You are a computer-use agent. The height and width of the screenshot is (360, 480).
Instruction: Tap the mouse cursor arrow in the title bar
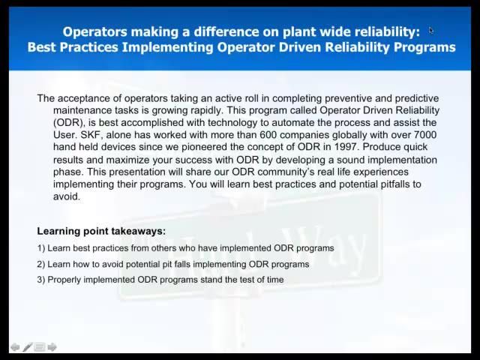(x=431, y=30)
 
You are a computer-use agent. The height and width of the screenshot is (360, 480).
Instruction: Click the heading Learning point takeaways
(x=101, y=231)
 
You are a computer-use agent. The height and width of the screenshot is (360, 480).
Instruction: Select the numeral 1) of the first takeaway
(x=41, y=247)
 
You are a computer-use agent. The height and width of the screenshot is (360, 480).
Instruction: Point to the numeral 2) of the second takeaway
(x=41, y=264)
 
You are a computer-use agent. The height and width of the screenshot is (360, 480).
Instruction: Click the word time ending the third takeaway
(x=274, y=280)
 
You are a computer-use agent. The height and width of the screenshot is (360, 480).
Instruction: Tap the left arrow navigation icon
(x=15, y=346)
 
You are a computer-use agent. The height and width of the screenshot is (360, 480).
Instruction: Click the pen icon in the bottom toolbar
(x=28, y=346)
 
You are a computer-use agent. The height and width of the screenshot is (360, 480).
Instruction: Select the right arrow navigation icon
(x=52, y=346)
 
